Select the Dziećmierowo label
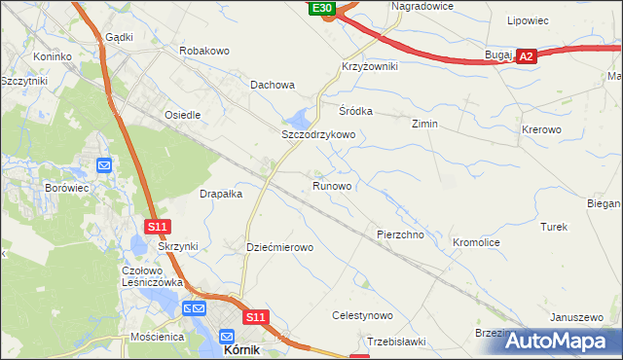(279, 247)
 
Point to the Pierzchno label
(400, 234)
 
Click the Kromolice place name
(476, 240)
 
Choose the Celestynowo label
(362, 315)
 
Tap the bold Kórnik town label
(241, 348)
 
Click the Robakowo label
(203, 49)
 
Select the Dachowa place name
(272, 85)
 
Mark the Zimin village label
(424, 125)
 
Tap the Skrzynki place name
(178, 246)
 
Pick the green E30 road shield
(323, 8)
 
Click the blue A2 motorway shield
(526, 57)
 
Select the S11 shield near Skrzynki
(159, 227)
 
